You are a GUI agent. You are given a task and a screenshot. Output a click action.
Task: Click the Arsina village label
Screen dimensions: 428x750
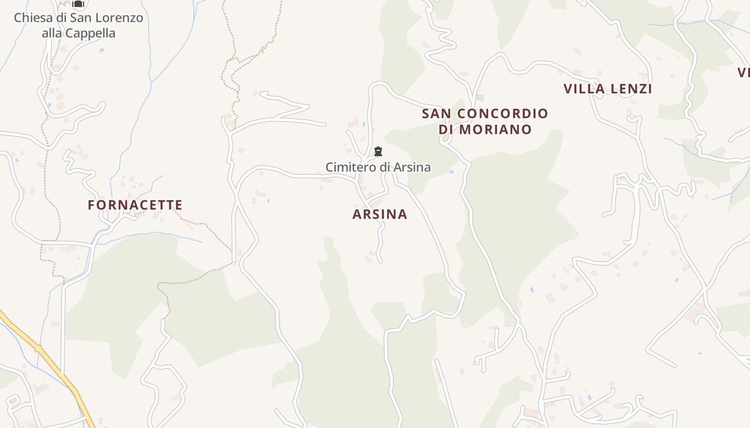click(380, 215)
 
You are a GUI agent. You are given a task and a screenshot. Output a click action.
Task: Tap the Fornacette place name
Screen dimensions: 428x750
click(136, 205)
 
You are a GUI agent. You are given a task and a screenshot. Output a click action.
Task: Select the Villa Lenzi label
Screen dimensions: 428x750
click(607, 89)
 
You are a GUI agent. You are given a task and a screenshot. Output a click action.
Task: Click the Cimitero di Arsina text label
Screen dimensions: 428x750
click(378, 167)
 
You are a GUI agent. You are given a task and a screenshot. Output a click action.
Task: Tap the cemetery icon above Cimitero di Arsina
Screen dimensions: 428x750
click(378, 152)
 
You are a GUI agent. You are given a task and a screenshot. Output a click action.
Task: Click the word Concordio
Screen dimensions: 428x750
click(503, 113)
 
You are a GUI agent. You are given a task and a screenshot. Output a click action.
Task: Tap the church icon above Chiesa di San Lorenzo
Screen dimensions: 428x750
click(79, 4)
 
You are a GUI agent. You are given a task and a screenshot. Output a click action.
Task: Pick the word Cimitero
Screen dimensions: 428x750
click(351, 167)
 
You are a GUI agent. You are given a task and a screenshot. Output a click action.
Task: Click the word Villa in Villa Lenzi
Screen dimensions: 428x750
click(584, 89)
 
